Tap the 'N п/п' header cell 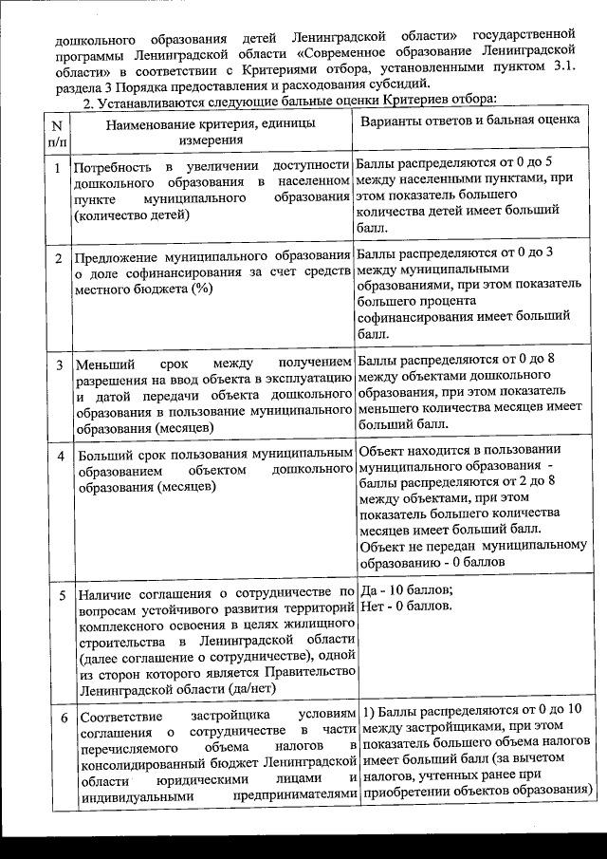[57, 132]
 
